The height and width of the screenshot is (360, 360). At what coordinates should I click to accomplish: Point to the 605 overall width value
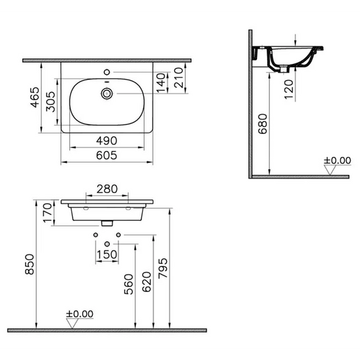click(x=106, y=155)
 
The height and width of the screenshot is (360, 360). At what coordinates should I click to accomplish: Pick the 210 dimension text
click(x=178, y=79)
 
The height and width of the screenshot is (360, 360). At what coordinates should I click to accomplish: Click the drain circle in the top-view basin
click(x=106, y=93)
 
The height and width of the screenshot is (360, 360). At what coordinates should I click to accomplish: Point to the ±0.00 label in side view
click(x=337, y=160)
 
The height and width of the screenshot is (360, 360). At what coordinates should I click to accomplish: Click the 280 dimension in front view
click(x=106, y=190)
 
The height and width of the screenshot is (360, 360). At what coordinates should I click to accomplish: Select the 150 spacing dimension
click(x=107, y=254)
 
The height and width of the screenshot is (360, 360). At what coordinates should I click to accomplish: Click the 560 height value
click(x=130, y=285)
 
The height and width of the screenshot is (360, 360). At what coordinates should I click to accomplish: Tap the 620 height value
click(x=147, y=283)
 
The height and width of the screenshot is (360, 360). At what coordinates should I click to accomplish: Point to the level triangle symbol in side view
click(x=330, y=170)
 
